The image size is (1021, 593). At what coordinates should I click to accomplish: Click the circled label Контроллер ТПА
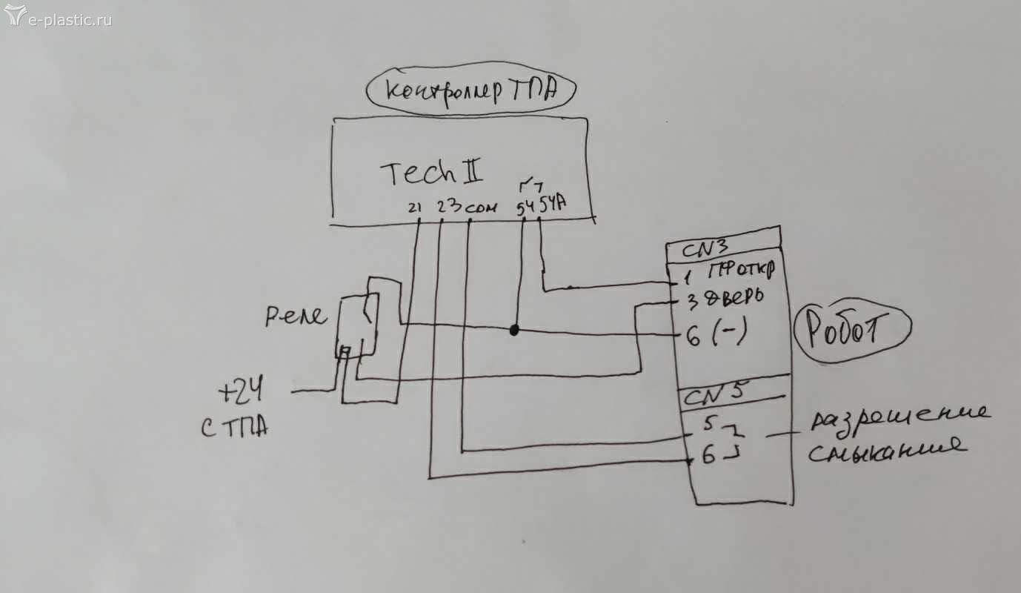click(x=471, y=93)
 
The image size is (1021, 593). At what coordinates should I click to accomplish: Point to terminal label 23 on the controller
click(x=447, y=205)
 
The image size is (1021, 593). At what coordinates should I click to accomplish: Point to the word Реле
click(x=295, y=317)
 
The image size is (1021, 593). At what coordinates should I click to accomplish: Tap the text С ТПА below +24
click(x=234, y=428)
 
